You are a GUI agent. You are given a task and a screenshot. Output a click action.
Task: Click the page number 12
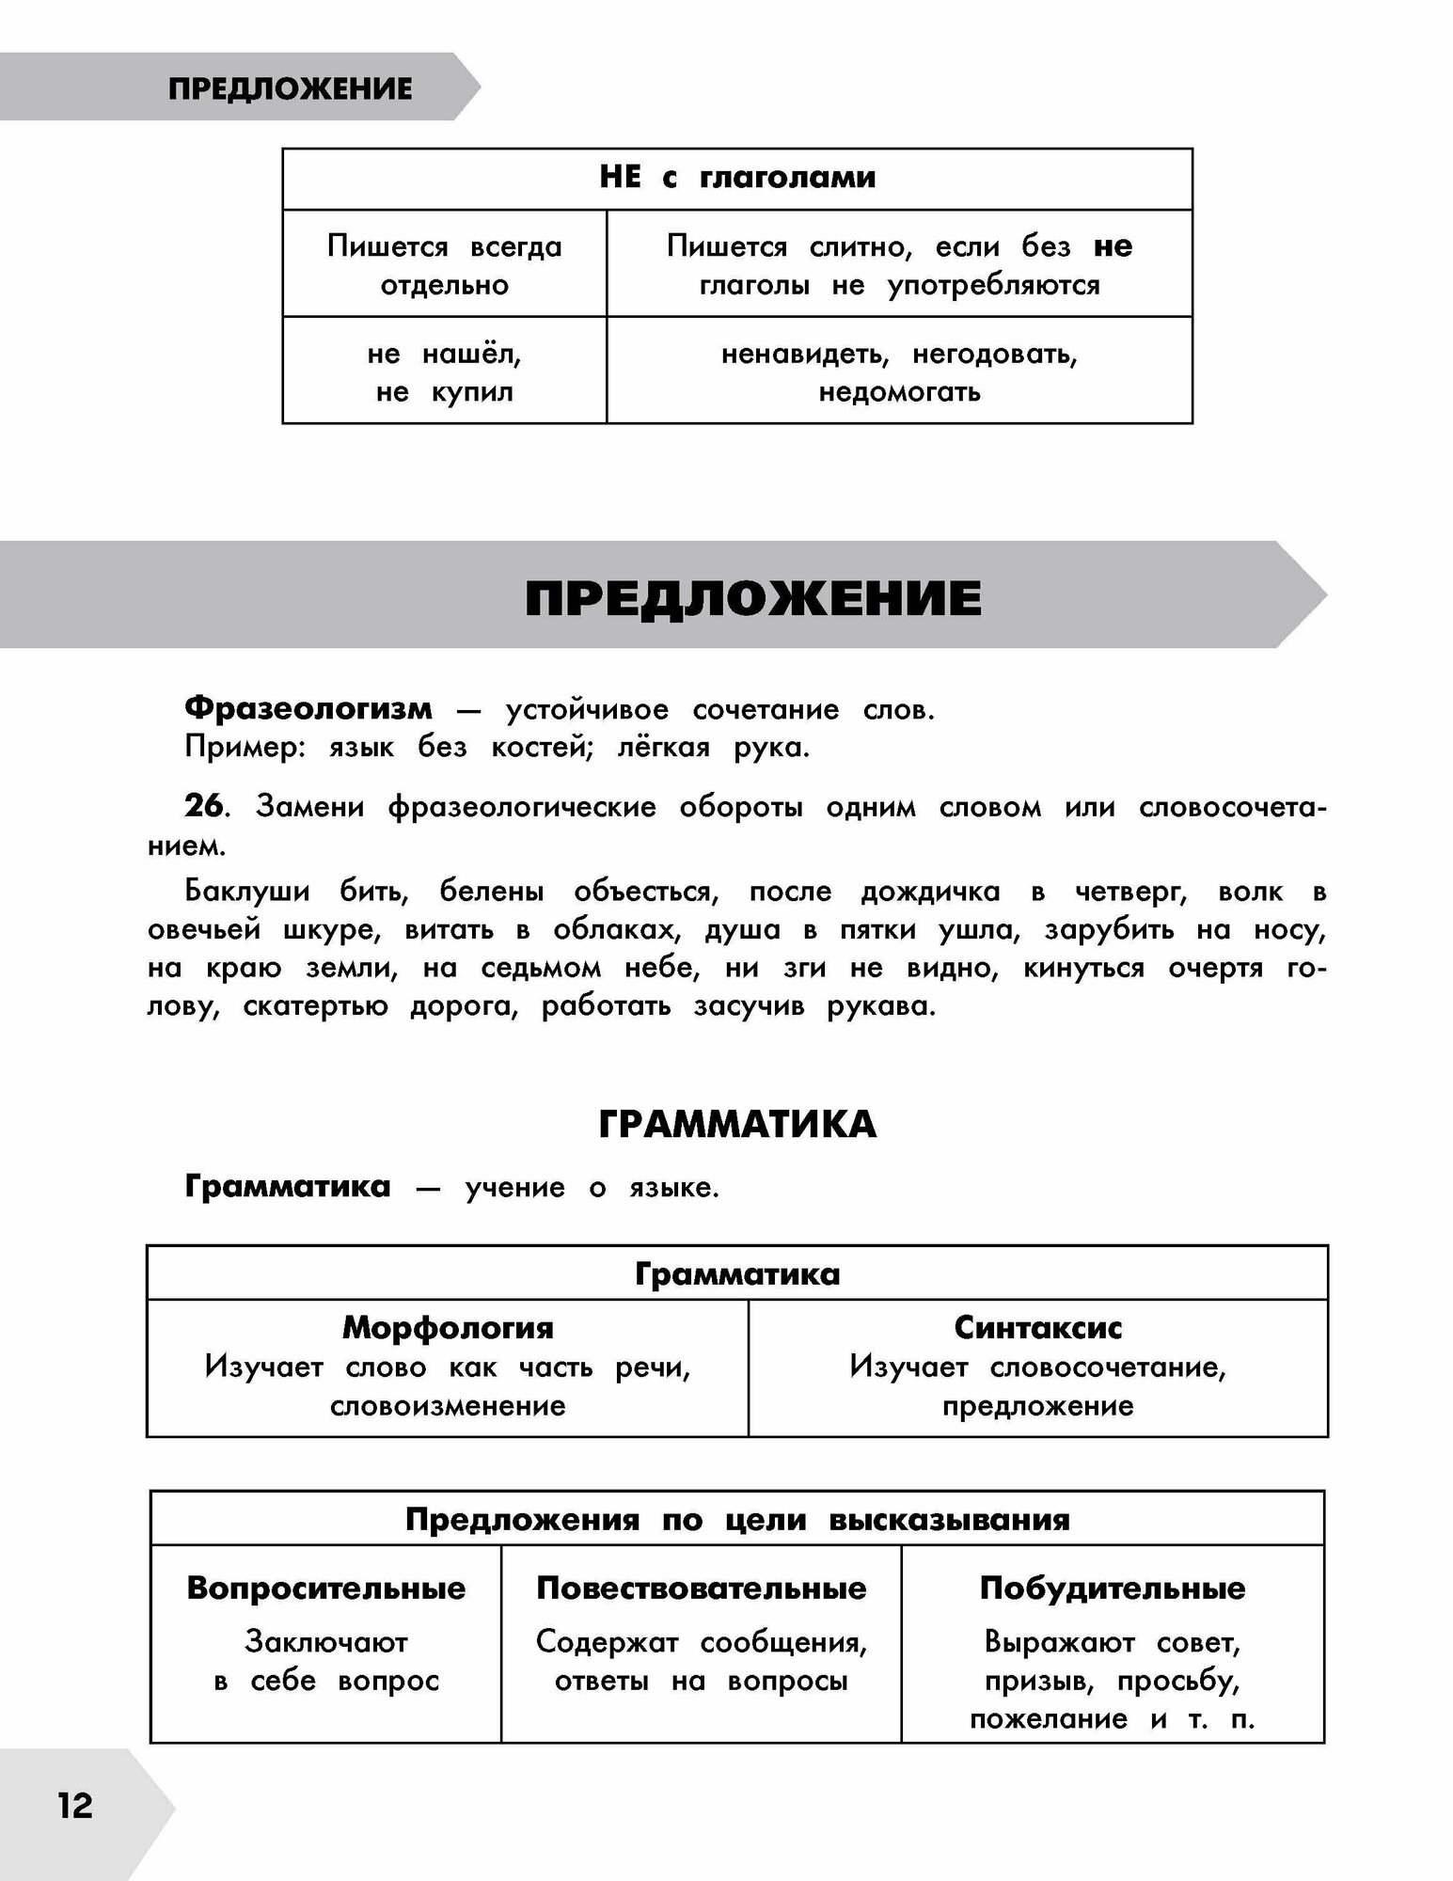coord(75,1806)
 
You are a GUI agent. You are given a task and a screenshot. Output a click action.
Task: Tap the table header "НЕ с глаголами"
coord(737,177)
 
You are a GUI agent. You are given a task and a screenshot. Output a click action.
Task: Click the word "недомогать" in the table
coord(899,392)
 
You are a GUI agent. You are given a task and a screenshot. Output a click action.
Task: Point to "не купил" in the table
coord(444,392)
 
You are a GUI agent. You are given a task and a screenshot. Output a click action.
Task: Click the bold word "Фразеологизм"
coord(308,708)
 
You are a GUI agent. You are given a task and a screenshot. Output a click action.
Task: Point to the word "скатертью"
coord(314,1006)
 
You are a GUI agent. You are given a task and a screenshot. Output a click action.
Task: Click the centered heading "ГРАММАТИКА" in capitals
coord(737,1125)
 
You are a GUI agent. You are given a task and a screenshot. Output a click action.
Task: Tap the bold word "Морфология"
coord(448,1327)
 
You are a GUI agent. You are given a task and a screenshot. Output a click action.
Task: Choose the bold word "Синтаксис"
coord(1037,1327)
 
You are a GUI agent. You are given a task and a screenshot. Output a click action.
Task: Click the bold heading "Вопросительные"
coord(326,1589)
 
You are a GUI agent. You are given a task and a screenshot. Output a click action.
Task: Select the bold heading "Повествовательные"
coord(701,1589)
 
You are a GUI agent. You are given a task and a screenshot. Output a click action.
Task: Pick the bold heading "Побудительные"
coord(1112,1589)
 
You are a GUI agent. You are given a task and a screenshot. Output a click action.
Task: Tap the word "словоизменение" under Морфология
coord(448,1406)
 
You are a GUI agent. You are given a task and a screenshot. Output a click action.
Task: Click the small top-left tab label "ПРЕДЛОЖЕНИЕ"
coord(290,88)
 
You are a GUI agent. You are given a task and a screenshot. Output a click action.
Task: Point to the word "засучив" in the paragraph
coord(749,1006)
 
